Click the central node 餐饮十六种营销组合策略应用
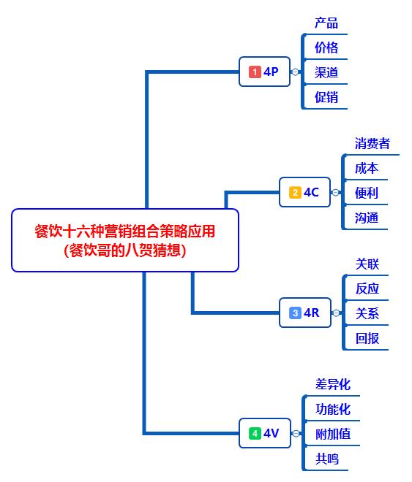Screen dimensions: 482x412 coord(125,240)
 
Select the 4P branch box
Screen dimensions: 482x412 coord(264,72)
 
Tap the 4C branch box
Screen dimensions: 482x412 coord(304,192)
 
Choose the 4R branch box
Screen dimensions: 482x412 coord(304,313)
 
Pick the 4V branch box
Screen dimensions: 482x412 coord(264,433)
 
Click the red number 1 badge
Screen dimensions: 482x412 coord(255,72)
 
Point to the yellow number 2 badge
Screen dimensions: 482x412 coord(295,192)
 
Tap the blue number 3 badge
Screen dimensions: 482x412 coord(295,313)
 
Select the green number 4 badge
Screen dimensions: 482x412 coord(255,433)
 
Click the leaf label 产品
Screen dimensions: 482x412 coord(326,23)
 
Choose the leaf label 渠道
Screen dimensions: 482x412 coord(326,72)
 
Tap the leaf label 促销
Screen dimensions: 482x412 coord(326,97)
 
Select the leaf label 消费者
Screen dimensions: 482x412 coord(372,143)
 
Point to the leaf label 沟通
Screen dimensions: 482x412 coord(367,218)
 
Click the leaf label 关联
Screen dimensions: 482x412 coord(367,264)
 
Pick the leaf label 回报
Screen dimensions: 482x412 coord(367,338)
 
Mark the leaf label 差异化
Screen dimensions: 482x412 coord(333,384)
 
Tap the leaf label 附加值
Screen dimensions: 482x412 coord(333,434)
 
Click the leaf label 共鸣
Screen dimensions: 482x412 coord(326,459)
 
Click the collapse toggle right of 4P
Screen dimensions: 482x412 coord(295,72)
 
